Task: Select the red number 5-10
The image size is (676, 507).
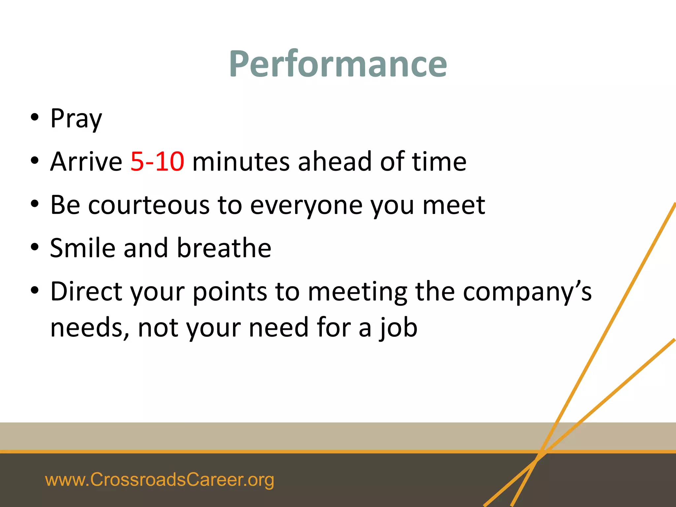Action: coord(157,161)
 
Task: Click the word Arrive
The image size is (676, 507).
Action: coord(86,161)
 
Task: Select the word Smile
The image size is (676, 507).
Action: coord(83,248)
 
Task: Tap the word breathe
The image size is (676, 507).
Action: coord(224,248)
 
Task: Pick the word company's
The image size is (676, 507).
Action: coord(527,292)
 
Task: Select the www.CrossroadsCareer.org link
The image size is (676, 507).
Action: coord(159,480)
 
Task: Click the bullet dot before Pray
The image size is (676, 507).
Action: coord(35,118)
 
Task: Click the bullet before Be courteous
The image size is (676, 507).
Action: coord(35,204)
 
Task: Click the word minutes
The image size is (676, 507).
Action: coord(241,161)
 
